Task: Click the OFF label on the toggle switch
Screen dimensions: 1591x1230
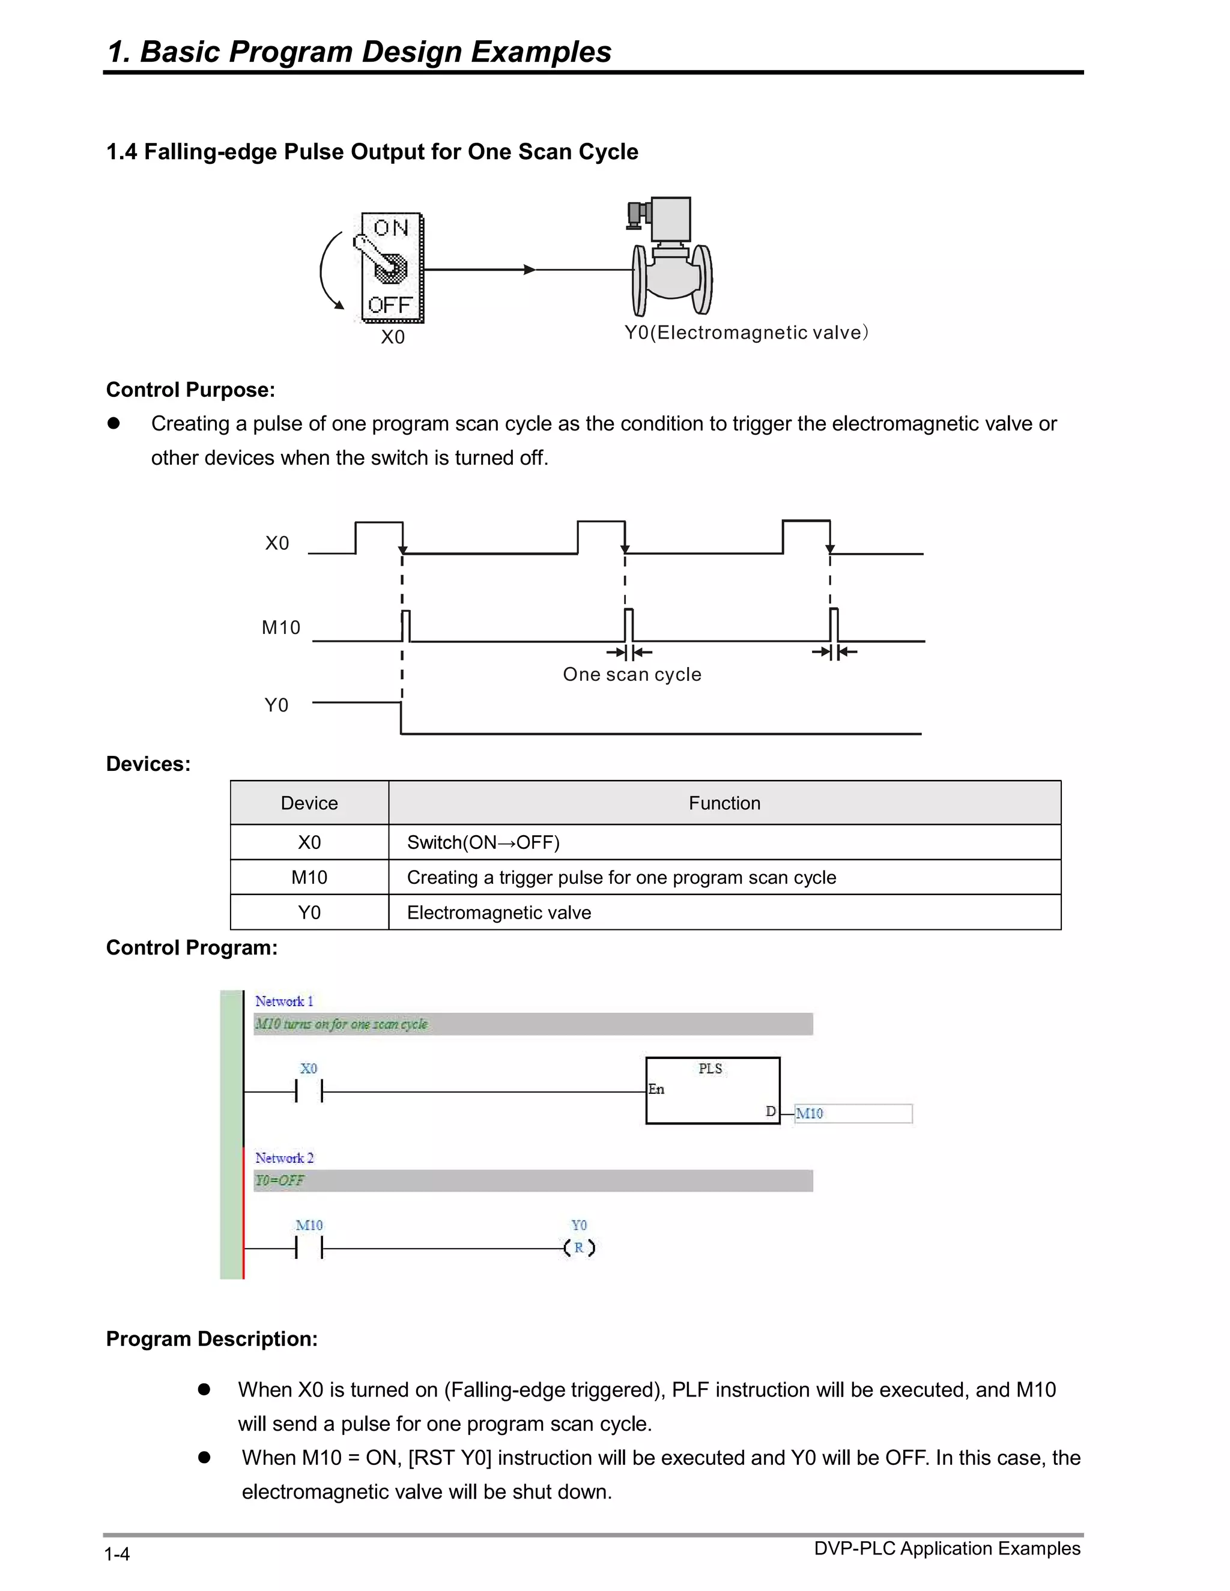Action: click(390, 304)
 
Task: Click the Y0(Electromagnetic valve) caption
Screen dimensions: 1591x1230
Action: click(746, 333)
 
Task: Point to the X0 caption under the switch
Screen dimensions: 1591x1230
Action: click(393, 337)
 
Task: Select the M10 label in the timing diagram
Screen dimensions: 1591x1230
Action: click(280, 627)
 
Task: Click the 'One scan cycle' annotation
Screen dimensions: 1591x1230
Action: click(632, 675)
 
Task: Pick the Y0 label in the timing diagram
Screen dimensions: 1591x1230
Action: click(276, 705)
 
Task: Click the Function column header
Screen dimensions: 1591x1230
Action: click(724, 803)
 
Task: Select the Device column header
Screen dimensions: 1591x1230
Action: click(309, 803)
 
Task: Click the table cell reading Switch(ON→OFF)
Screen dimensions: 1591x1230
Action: click(483, 843)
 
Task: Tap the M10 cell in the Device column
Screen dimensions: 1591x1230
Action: click(309, 878)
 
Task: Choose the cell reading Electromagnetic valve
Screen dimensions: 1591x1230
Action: click(498, 913)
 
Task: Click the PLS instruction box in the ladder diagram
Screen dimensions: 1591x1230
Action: click(712, 1090)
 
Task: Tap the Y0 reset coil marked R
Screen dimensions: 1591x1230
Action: click(580, 1248)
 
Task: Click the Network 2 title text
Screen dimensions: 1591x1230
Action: click(284, 1158)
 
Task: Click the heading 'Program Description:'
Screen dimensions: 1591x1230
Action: click(211, 1339)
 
